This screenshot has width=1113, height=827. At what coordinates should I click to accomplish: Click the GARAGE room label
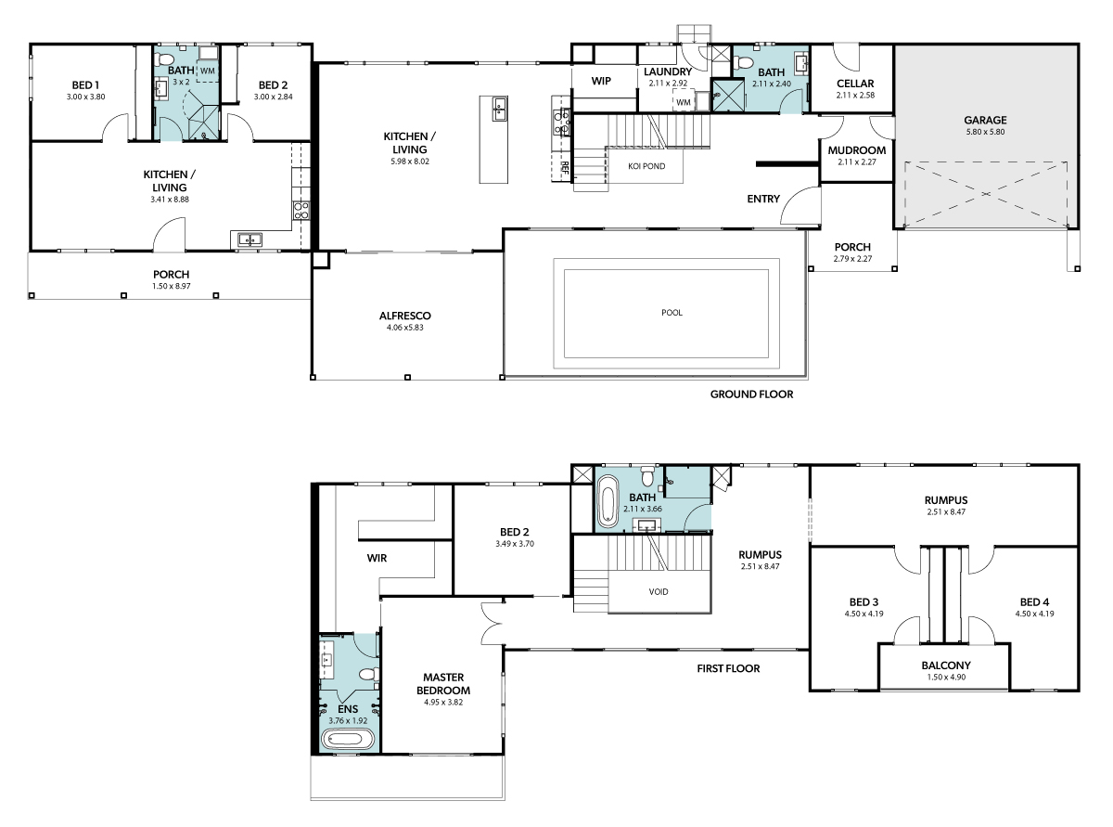(984, 120)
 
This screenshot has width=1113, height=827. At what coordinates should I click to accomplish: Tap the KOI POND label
(646, 166)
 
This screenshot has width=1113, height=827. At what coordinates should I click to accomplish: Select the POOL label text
(672, 312)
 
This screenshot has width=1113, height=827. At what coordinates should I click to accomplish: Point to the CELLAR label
(855, 84)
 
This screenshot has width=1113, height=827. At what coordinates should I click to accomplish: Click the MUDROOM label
(857, 150)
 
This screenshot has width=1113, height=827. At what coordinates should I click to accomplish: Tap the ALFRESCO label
(405, 316)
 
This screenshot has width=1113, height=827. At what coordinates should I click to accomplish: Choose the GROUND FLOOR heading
(751, 394)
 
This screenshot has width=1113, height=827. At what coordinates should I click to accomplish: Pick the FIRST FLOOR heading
(728, 668)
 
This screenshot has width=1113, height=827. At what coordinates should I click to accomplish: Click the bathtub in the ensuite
(348, 739)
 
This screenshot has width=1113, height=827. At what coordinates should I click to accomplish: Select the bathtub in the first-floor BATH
(608, 500)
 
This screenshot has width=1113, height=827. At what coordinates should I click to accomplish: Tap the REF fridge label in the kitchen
(565, 168)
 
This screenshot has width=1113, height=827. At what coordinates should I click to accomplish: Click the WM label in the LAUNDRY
(683, 102)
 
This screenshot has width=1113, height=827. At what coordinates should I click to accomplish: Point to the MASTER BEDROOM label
(443, 684)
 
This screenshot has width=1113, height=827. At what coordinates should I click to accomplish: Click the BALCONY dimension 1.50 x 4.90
(946, 677)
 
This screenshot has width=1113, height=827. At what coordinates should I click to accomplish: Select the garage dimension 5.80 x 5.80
(985, 132)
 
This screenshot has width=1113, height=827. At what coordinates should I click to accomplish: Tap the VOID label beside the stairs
(659, 591)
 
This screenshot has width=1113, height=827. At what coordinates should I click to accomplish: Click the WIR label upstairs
(377, 558)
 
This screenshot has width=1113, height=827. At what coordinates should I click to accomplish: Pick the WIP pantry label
(601, 81)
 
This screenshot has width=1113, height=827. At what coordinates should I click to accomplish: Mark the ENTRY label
(763, 199)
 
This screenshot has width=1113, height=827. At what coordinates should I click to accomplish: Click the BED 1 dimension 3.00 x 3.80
(86, 97)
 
